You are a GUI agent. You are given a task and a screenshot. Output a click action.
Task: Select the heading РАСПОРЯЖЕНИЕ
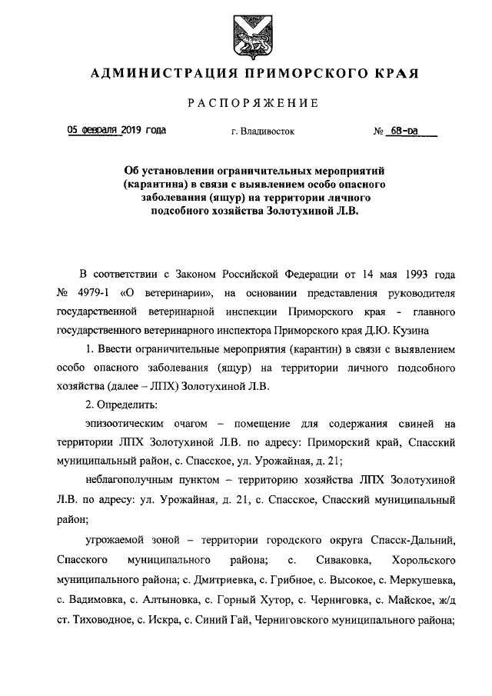pyautogui.click(x=253, y=104)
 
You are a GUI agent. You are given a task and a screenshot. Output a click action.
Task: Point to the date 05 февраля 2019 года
pyautogui.click(x=116, y=131)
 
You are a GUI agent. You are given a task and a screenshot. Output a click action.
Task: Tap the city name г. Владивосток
pyautogui.click(x=262, y=132)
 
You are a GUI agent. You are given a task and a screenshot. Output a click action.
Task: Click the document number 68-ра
pyautogui.click(x=409, y=131)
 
